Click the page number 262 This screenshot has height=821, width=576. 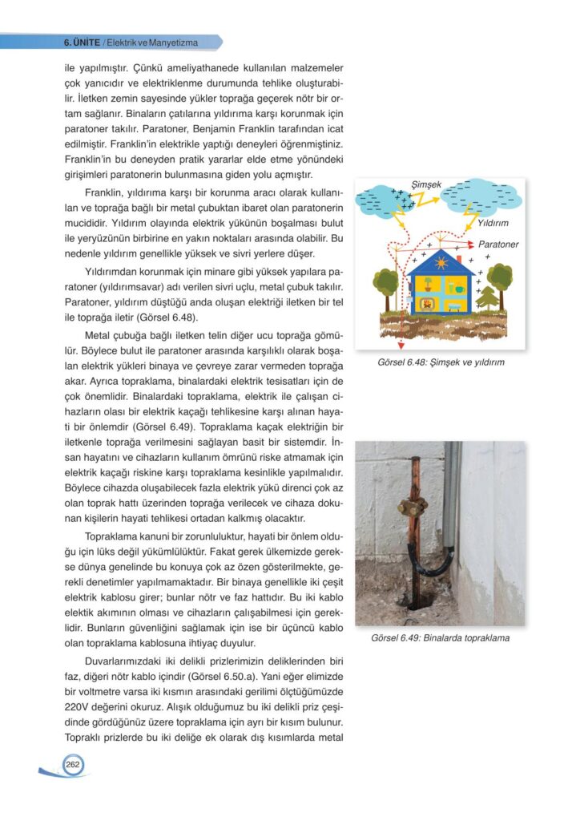[x=72, y=765]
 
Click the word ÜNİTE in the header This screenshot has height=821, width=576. [x=87, y=42]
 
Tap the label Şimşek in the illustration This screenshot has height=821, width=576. [x=426, y=184]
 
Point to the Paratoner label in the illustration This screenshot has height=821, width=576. [x=498, y=244]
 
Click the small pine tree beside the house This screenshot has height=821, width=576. [x=488, y=298]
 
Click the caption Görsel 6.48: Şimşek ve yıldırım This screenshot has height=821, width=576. [x=441, y=362]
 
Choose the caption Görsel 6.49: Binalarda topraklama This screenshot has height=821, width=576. [x=441, y=639]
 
